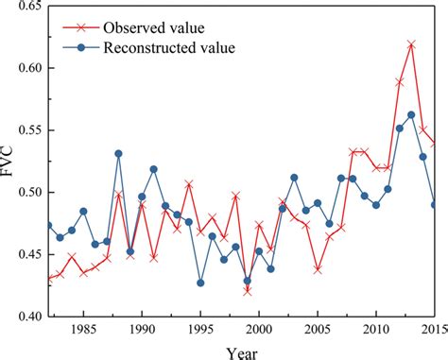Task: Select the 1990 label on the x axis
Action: pos(142,331)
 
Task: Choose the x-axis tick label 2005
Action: pos(318,331)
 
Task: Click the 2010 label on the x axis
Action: pos(376,331)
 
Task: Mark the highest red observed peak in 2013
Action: pos(411,44)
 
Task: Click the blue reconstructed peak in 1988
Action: pos(118,153)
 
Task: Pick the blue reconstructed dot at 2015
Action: pos(434,204)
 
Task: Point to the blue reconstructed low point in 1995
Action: pos(200,283)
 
